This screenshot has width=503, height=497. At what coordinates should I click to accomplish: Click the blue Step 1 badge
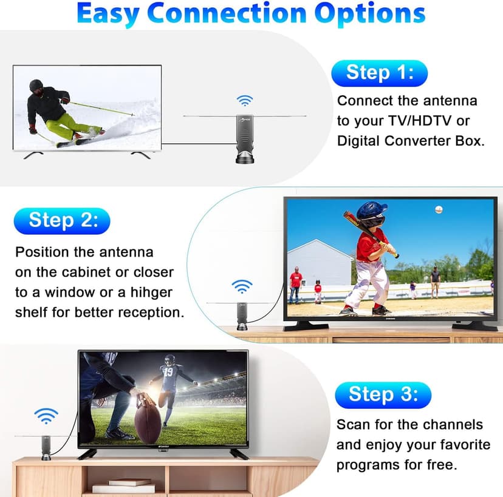[x=380, y=73]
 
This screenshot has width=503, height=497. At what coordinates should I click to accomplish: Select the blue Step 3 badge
[x=383, y=394]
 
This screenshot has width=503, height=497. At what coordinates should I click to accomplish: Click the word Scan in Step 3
[x=353, y=424]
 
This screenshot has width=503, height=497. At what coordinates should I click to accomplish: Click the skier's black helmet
[x=36, y=86]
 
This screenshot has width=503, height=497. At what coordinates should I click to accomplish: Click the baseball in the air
[x=439, y=209]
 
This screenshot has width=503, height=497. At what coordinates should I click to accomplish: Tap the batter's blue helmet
[x=371, y=211]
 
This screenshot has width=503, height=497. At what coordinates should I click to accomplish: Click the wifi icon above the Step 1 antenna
[x=245, y=100]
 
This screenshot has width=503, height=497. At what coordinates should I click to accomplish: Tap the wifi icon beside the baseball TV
[x=242, y=286]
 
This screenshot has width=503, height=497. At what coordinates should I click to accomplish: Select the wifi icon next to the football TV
[x=46, y=416]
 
